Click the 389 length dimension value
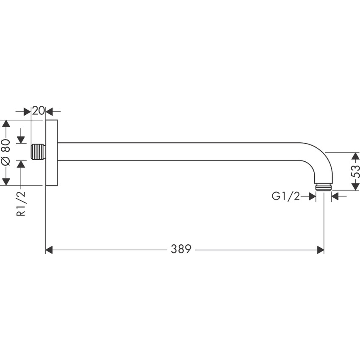(x=181, y=249)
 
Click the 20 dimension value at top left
(x=38, y=111)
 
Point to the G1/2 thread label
(x=286, y=196)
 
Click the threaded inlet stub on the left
(x=38, y=152)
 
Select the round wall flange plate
(x=51, y=152)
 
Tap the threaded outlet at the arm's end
(x=324, y=186)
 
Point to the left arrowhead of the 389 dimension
(x=49, y=250)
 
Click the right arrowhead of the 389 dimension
(x=320, y=250)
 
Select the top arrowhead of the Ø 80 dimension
(x=6, y=124)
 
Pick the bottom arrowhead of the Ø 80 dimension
(x=6, y=181)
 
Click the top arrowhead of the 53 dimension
(x=356, y=156)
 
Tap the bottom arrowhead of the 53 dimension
(x=356, y=187)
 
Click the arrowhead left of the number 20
(x=27, y=112)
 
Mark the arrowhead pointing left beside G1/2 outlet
(x=335, y=196)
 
